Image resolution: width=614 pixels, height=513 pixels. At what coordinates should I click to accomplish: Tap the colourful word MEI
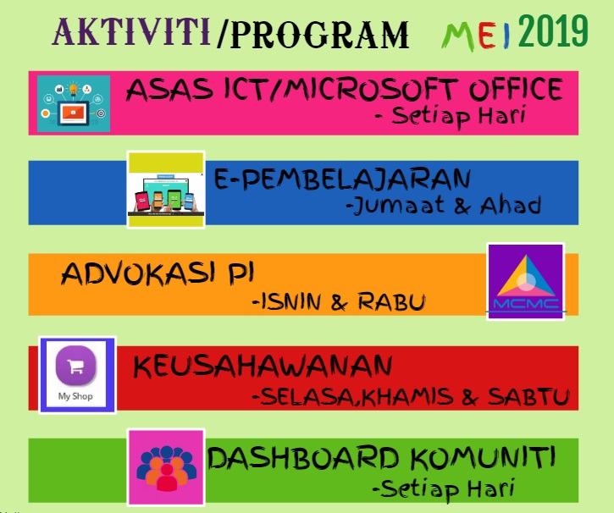pyautogui.click(x=476, y=35)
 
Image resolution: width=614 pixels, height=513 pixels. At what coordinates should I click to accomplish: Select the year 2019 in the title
pyautogui.click(x=552, y=32)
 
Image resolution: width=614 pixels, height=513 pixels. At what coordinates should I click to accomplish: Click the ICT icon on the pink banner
pyautogui.click(x=74, y=102)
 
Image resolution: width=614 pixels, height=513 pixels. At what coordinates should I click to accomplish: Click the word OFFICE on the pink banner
pyautogui.click(x=517, y=89)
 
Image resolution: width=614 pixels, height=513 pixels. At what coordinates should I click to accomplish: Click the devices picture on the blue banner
pyautogui.click(x=166, y=190)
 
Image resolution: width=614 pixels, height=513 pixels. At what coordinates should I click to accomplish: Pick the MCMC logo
pyautogui.click(x=525, y=281)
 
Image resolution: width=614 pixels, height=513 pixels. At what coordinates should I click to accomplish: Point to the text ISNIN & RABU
pyautogui.click(x=339, y=301)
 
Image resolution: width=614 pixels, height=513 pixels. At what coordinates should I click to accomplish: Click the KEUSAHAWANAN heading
pyautogui.click(x=263, y=367)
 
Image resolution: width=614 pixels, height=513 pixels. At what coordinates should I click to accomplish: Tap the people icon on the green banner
pyautogui.click(x=166, y=467)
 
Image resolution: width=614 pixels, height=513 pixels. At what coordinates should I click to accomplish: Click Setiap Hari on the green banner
pyautogui.click(x=443, y=488)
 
